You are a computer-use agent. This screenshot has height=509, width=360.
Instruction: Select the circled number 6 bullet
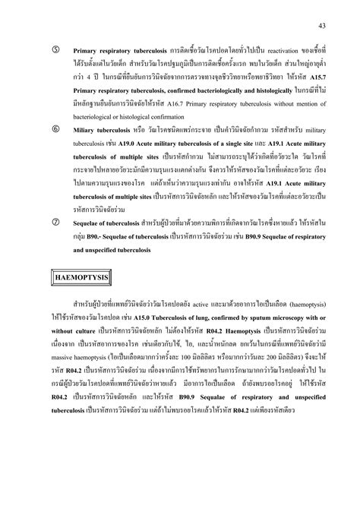55,130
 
